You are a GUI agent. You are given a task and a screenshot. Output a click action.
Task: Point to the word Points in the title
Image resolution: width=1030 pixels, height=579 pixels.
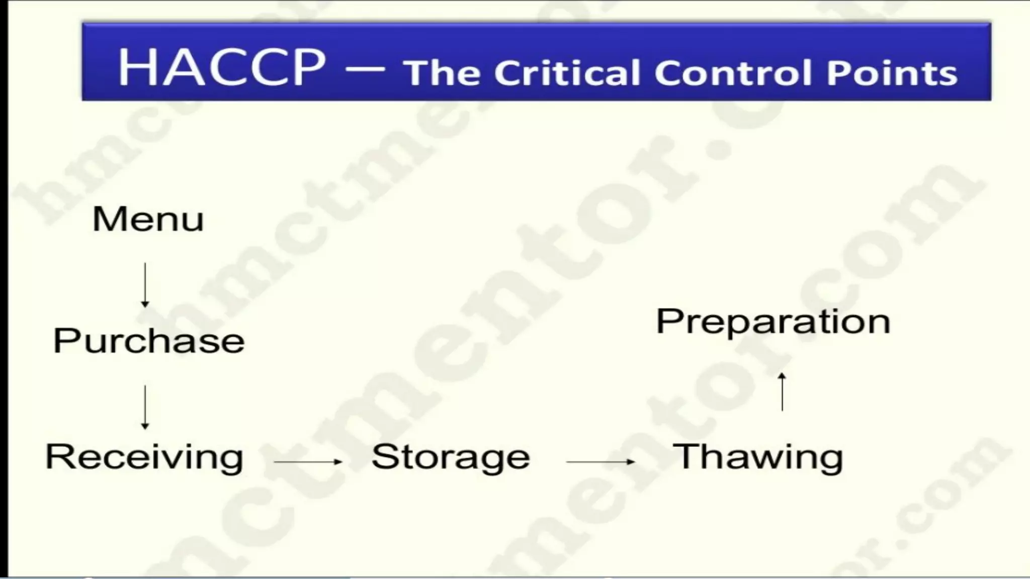coord(892,73)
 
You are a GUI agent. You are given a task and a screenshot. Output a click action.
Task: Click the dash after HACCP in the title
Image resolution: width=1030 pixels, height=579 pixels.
coord(365,69)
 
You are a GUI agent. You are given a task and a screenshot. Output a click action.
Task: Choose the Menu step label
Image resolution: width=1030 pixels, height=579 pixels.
coord(148,219)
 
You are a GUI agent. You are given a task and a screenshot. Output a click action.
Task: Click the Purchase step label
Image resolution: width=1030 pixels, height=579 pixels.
coord(149,341)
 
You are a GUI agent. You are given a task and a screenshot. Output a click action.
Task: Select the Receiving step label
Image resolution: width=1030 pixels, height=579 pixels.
coord(144,457)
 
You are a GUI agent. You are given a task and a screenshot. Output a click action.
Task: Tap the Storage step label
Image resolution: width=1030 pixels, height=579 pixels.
coord(451,457)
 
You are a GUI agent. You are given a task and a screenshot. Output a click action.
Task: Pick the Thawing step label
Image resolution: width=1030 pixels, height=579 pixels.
coord(758,457)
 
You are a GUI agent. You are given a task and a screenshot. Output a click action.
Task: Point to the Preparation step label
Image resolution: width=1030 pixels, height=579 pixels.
coord(773,322)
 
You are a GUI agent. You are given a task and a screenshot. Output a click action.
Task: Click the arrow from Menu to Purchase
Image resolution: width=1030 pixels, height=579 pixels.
coord(145,284)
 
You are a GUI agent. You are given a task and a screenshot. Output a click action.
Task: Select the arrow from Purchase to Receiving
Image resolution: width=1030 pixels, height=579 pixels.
coord(145,407)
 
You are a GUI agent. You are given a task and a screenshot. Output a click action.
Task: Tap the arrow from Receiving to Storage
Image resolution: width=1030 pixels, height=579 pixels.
coord(308,461)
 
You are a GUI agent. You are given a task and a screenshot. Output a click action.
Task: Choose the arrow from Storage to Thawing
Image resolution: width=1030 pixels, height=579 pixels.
coord(600,461)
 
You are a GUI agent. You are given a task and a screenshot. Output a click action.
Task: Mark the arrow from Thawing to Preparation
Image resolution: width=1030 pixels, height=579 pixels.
coord(782,392)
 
